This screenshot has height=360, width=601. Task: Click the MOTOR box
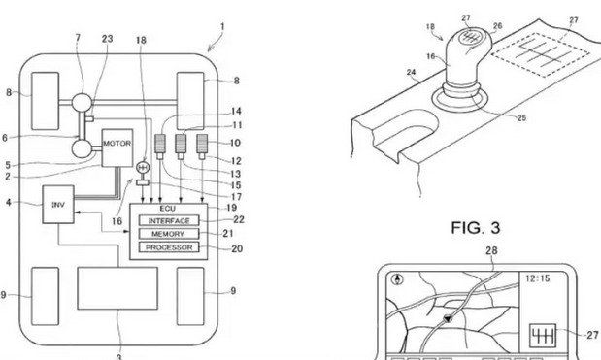point(117,147)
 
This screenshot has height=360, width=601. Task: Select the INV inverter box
point(58,205)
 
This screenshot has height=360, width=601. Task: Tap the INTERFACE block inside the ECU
point(169,220)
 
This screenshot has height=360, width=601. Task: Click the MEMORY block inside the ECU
point(169,234)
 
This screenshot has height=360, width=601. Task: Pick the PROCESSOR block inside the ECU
point(169,247)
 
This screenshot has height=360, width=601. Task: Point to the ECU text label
point(168,209)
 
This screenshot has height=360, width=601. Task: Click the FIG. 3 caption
point(476,228)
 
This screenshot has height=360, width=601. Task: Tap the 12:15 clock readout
point(537,278)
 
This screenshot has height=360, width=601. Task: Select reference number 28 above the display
point(491,251)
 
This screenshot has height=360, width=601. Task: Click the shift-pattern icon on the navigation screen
point(543,337)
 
